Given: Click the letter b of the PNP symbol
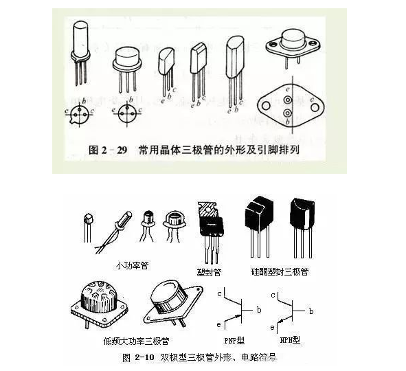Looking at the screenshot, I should coord(258,311).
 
